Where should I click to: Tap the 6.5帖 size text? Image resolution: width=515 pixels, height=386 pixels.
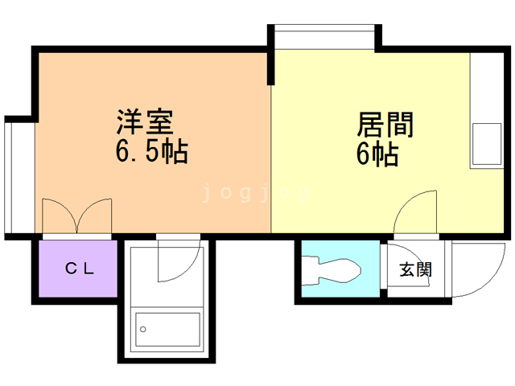point(150,150)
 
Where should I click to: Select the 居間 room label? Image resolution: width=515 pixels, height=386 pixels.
point(385,126)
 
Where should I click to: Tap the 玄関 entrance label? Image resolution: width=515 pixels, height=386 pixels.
point(415,269)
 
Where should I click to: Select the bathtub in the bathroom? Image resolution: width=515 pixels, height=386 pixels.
point(167,330)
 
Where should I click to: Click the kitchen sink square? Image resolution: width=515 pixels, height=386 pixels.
point(486,142)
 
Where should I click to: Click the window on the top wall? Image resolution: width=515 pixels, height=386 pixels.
point(323,36)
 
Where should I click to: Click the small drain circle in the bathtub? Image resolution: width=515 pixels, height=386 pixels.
point(143,329)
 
